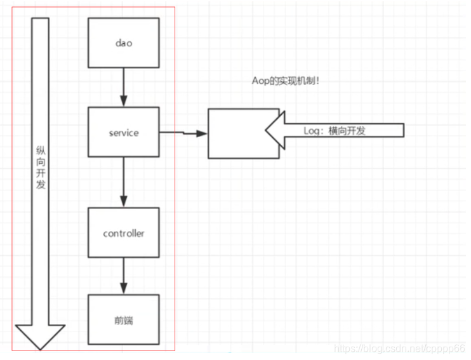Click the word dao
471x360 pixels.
123,43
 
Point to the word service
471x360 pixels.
123,133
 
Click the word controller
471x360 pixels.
123,234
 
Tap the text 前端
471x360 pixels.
123,320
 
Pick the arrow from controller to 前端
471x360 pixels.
123,276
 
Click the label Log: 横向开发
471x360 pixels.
335,131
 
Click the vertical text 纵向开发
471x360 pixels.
41,168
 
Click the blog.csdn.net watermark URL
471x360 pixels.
400,349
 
